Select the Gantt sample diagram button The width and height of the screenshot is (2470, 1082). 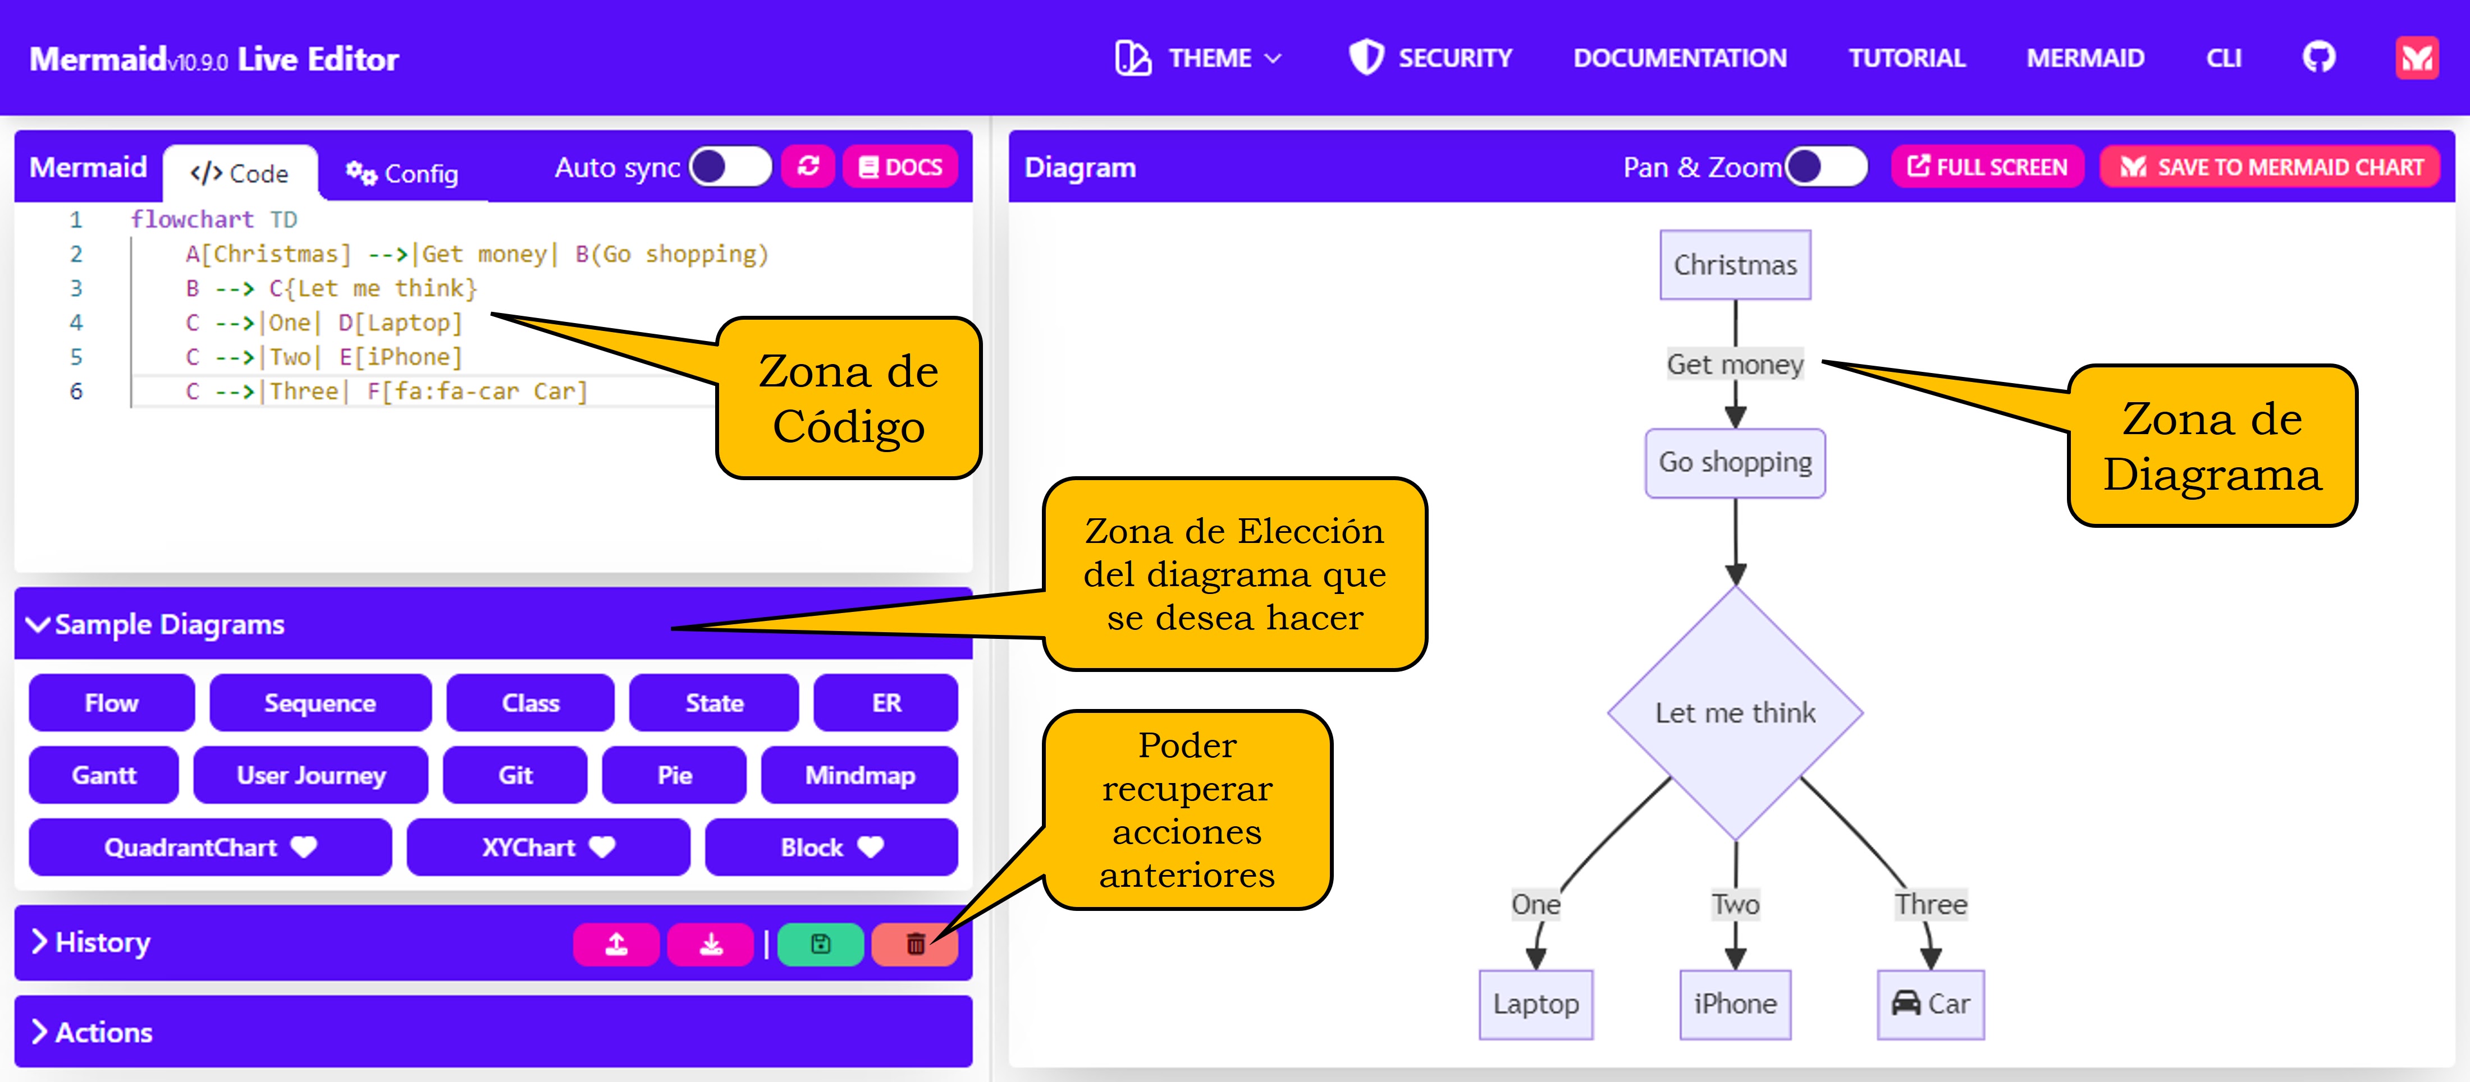103,775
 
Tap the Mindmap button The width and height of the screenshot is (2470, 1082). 859,775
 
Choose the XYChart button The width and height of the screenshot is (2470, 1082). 547,847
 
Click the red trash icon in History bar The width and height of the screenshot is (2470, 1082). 915,944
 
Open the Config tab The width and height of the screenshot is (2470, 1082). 402,173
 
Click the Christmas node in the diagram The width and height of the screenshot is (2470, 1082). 1735,265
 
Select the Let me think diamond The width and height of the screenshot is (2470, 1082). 1735,712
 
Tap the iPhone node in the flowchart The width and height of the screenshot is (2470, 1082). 1735,1003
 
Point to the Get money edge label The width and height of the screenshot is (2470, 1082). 1735,364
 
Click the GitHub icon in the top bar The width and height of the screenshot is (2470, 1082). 2318,58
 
